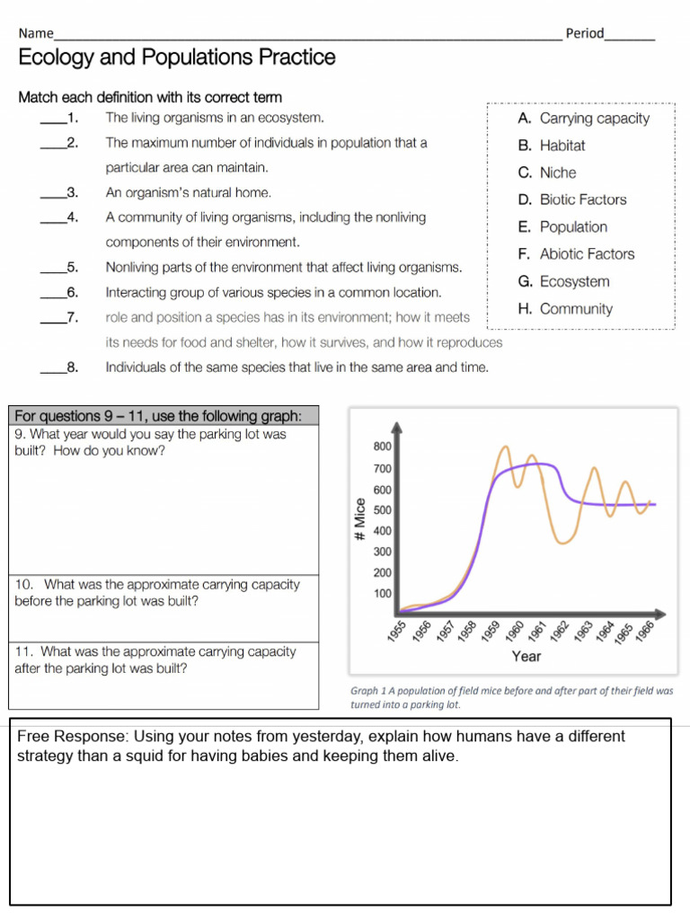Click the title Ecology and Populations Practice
pyautogui.click(x=177, y=58)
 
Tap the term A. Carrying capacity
pyautogui.click(x=583, y=119)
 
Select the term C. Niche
pyautogui.click(x=546, y=172)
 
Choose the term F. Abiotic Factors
pyautogui.click(x=576, y=254)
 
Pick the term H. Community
pyautogui.click(x=565, y=309)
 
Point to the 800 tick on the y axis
pyautogui.click(x=381, y=447)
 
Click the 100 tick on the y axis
pyautogui.click(x=381, y=594)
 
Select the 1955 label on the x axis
pyautogui.click(x=397, y=632)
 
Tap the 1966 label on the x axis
pyautogui.click(x=643, y=632)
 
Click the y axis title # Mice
pyautogui.click(x=358, y=519)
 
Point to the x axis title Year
pyautogui.click(x=526, y=657)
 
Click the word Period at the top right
pyautogui.click(x=585, y=33)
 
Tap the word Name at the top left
pyautogui.click(x=36, y=33)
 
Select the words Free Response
pyautogui.click(x=65, y=737)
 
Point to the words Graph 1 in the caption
pyautogui.click(x=368, y=691)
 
